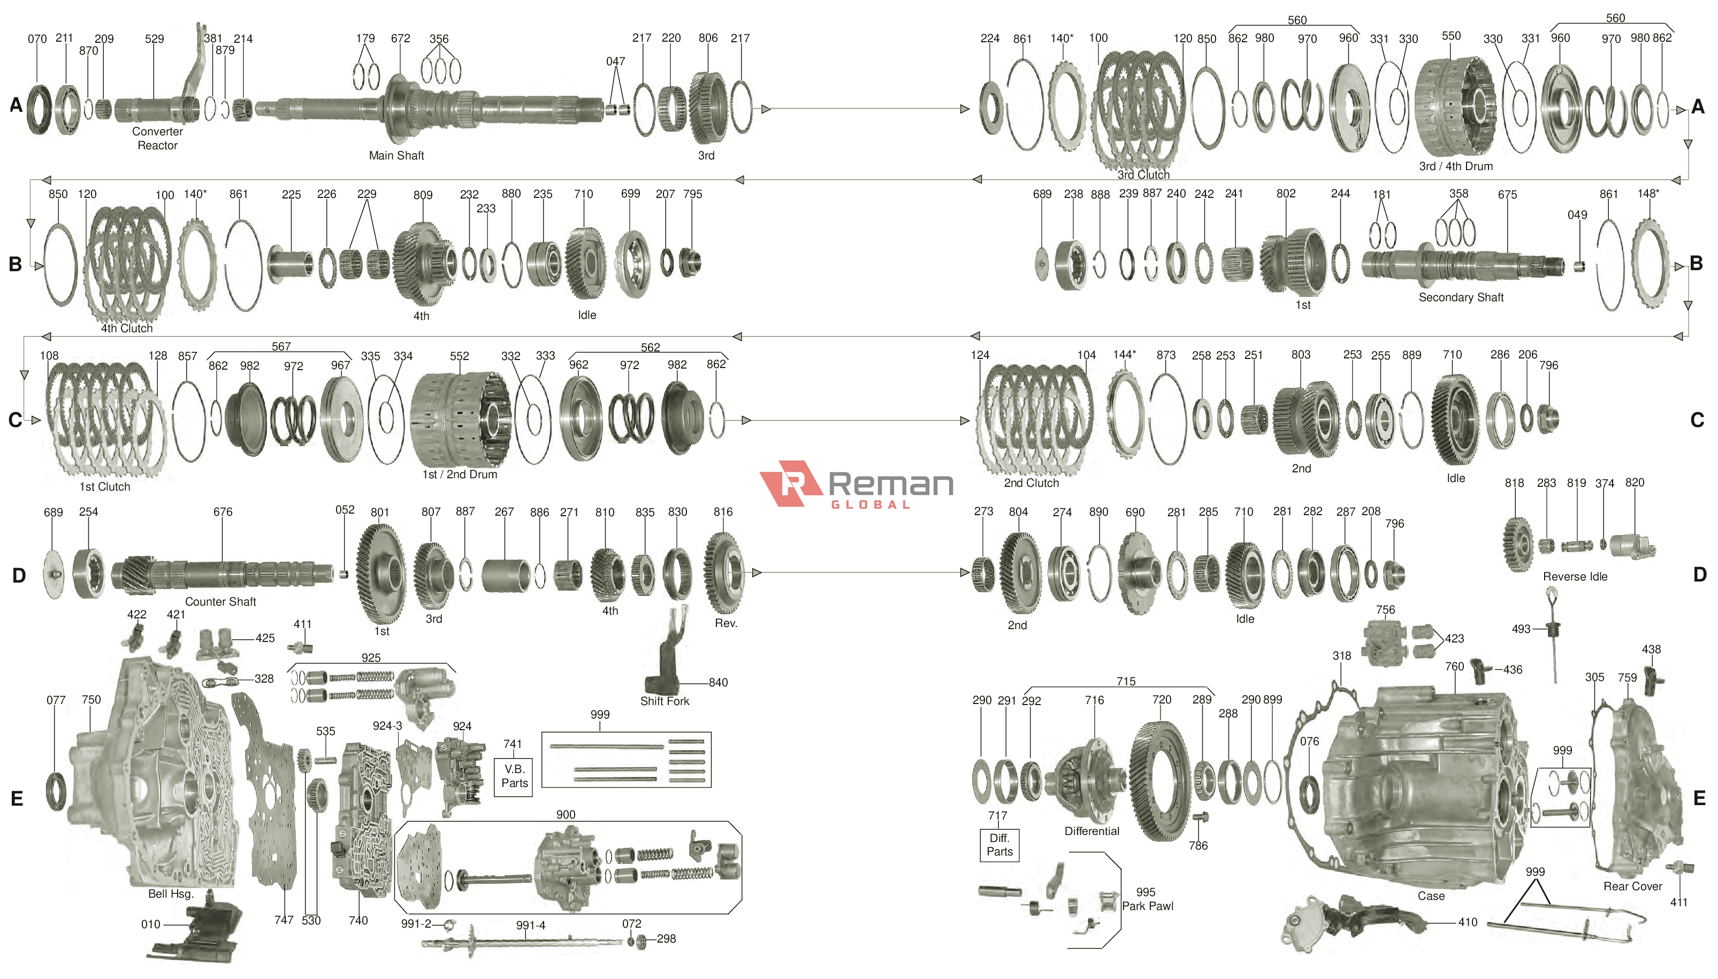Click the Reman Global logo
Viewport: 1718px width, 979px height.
[856, 484]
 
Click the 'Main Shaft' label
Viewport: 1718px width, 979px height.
[396, 155]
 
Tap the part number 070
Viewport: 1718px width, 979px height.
[37, 39]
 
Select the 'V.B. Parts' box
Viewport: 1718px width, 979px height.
[514, 777]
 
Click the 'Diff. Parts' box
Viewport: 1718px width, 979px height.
[999, 845]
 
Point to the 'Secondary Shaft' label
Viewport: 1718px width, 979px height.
[1461, 297]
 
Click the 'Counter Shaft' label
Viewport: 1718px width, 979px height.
[220, 602]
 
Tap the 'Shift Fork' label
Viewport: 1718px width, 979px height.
[665, 701]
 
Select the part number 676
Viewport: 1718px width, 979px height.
[223, 511]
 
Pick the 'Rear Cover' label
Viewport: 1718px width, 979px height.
[1632, 886]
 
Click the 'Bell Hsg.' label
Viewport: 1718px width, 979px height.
[171, 893]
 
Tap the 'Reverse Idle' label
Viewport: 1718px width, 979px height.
[1575, 576]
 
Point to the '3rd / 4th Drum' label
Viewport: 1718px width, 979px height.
[1455, 166]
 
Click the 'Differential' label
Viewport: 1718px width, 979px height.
[1091, 831]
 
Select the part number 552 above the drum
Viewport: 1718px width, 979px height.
[459, 356]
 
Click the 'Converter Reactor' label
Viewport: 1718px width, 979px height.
[157, 139]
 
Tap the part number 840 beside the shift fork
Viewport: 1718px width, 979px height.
[717, 683]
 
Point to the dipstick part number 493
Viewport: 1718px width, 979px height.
[1521, 629]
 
